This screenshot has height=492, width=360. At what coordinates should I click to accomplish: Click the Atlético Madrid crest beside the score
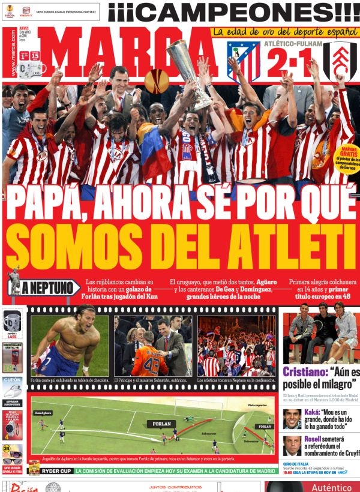[x=243, y=60]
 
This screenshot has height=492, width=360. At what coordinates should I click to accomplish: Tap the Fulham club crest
[x=340, y=61]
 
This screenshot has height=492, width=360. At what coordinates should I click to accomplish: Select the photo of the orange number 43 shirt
[x=154, y=346]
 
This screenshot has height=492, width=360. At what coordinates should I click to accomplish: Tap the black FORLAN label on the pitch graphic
[x=161, y=423]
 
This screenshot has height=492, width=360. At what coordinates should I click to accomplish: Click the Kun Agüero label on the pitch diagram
[x=43, y=413]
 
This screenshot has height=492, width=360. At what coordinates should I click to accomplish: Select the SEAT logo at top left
[x=26, y=11]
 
